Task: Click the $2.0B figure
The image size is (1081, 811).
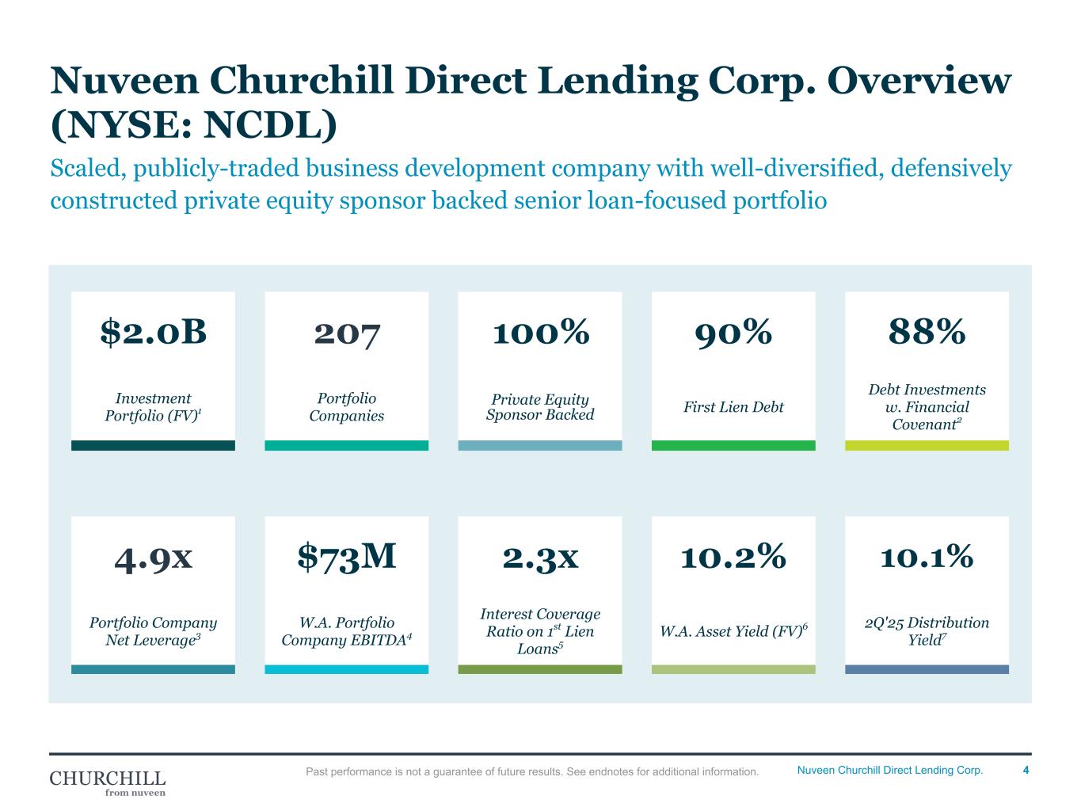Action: tap(153, 333)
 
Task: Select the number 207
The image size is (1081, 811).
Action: tap(347, 333)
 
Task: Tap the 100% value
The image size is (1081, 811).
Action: tap(540, 333)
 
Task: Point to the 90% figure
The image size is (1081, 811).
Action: tap(733, 333)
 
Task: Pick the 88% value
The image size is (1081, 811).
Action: tap(927, 333)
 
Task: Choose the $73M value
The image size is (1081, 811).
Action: tap(347, 557)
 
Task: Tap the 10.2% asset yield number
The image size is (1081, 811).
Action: tap(733, 557)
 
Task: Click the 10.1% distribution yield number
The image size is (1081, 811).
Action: tap(927, 557)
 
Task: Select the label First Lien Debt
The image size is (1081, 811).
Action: tap(733, 407)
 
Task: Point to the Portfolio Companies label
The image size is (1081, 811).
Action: tap(347, 407)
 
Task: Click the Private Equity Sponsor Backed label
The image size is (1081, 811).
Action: tap(540, 407)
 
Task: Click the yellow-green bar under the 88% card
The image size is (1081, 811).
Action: tap(927, 446)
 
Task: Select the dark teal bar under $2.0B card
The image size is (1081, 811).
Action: tap(153, 446)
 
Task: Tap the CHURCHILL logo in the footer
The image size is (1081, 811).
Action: tap(108, 781)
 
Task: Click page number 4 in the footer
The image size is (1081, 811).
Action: tap(1026, 771)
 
